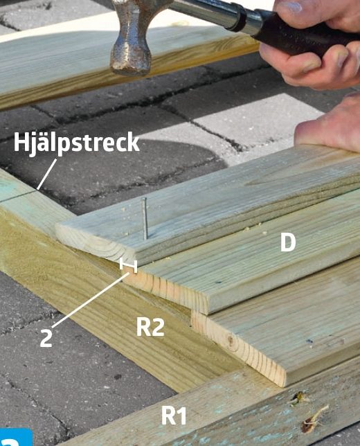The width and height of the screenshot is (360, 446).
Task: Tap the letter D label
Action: click(288, 242)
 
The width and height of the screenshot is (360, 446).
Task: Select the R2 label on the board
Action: click(150, 327)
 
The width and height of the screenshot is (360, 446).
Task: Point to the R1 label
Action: click(174, 416)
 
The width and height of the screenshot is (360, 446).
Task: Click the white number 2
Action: click(46, 338)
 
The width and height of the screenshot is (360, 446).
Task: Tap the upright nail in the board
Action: click(145, 218)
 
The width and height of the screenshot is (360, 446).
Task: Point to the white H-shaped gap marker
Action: click(129, 265)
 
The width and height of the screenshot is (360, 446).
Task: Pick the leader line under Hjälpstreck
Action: click(47, 174)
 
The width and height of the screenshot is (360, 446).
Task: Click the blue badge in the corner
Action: click(16, 437)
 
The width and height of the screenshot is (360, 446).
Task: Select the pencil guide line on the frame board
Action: click(17, 197)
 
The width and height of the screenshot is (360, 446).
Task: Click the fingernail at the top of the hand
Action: click(292, 6)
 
